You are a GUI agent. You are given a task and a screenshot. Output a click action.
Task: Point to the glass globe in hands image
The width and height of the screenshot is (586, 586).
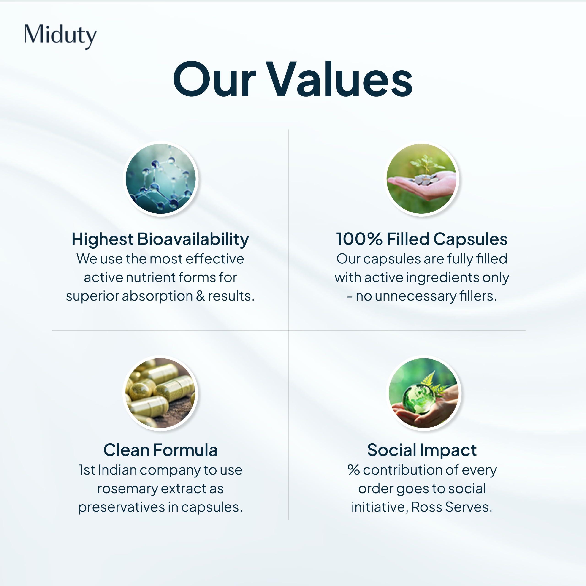click(x=423, y=393)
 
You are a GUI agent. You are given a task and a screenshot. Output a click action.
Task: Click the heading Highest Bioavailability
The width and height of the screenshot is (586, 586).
click(x=160, y=239)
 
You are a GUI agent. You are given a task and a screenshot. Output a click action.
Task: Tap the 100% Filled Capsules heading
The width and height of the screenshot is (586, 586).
click(x=422, y=239)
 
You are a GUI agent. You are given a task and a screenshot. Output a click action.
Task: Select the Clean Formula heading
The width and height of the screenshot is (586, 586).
click(x=160, y=450)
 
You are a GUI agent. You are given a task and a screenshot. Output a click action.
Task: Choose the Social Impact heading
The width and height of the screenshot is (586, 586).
click(x=422, y=450)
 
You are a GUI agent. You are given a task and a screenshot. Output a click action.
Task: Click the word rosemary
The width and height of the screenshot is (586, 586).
click(x=128, y=489)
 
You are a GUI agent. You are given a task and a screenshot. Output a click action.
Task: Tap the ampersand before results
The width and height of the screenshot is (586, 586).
click(x=201, y=296)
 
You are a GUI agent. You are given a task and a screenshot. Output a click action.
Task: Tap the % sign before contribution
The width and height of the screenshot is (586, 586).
click(x=354, y=470)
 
